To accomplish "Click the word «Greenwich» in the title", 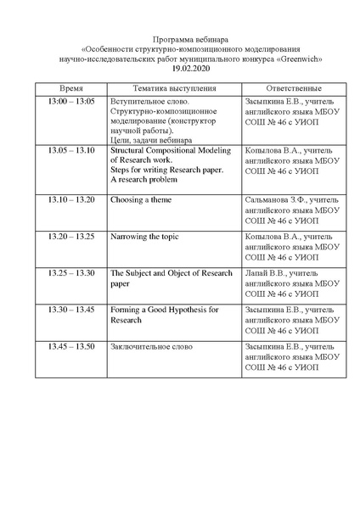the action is (x=296, y=58).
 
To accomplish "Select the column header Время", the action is (x=70, y=88).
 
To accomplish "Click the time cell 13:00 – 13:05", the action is (x=71, y=101).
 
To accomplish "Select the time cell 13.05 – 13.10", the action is (x=71, y=149).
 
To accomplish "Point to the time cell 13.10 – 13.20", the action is (x=71, y=199).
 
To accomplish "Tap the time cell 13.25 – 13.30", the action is (x=71, y=273).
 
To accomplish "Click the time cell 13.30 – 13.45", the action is (x=71, y=310).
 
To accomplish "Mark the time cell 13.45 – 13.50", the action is (x=71, y=347).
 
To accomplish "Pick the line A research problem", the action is (x=143, y=180).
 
